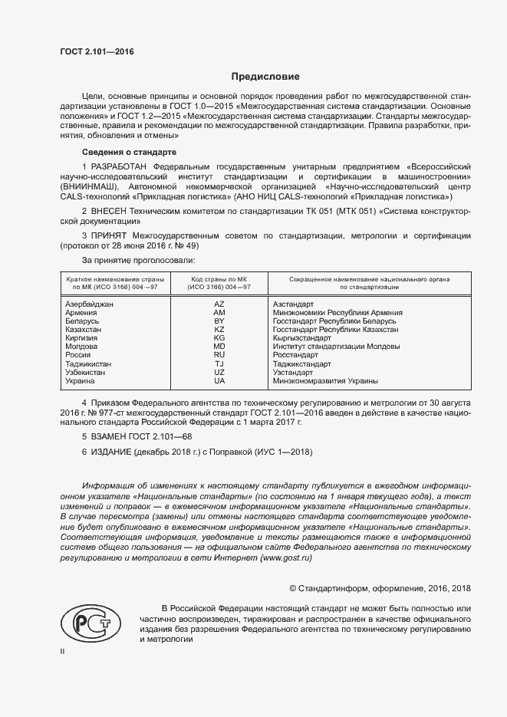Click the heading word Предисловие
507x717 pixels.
click(x=265, y=77)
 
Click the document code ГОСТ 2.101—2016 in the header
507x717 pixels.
click(x=97, y=51)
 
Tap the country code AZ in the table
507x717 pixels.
click(x=219, y=304)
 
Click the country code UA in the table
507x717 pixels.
click(x=219, y=380)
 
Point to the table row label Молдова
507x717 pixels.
click(x=81, y=347)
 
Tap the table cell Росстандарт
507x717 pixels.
click(x=295, y=355)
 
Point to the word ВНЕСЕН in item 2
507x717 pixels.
click(x=112, y=210)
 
